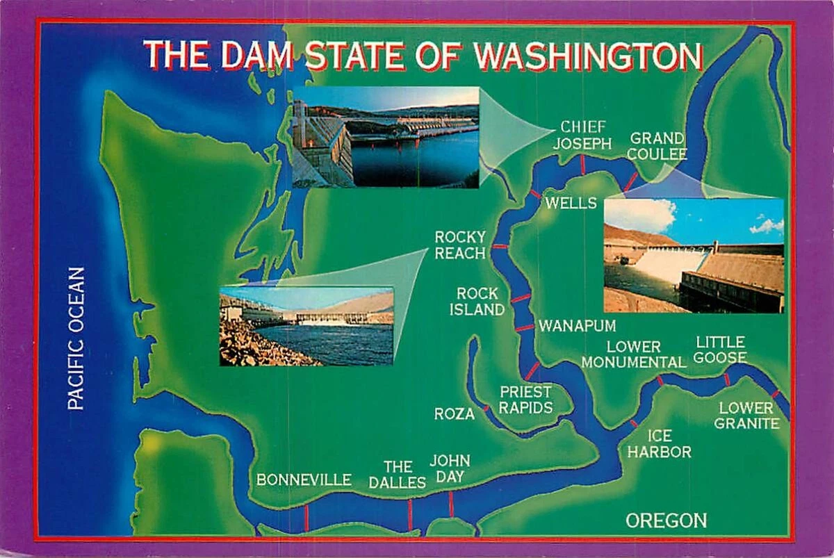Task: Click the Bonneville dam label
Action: click(x=304, y=479)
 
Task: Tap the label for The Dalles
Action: click(x=398, y=474)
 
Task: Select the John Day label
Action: click(x=450, y=468)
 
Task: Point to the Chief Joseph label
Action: click(x=584, y=136)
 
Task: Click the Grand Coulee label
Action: click(x=657, y=146)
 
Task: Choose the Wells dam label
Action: click(x=571, y=203)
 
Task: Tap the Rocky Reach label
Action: click(x=460, y=245)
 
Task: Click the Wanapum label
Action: click(x=577, y=325)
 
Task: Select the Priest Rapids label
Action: click(x=525, y=400)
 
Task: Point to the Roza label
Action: click(x=454, y=414)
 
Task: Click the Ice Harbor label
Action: click(x=659, y=444)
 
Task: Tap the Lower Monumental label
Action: click(x=633, y=354)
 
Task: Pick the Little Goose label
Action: click(x=720, y=350)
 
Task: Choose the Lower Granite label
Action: click(x=746, y=416)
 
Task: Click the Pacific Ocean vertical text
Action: click(x=76, y=338)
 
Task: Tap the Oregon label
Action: click(x=666, y=520)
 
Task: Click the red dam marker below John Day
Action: click(x=451, y=504)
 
